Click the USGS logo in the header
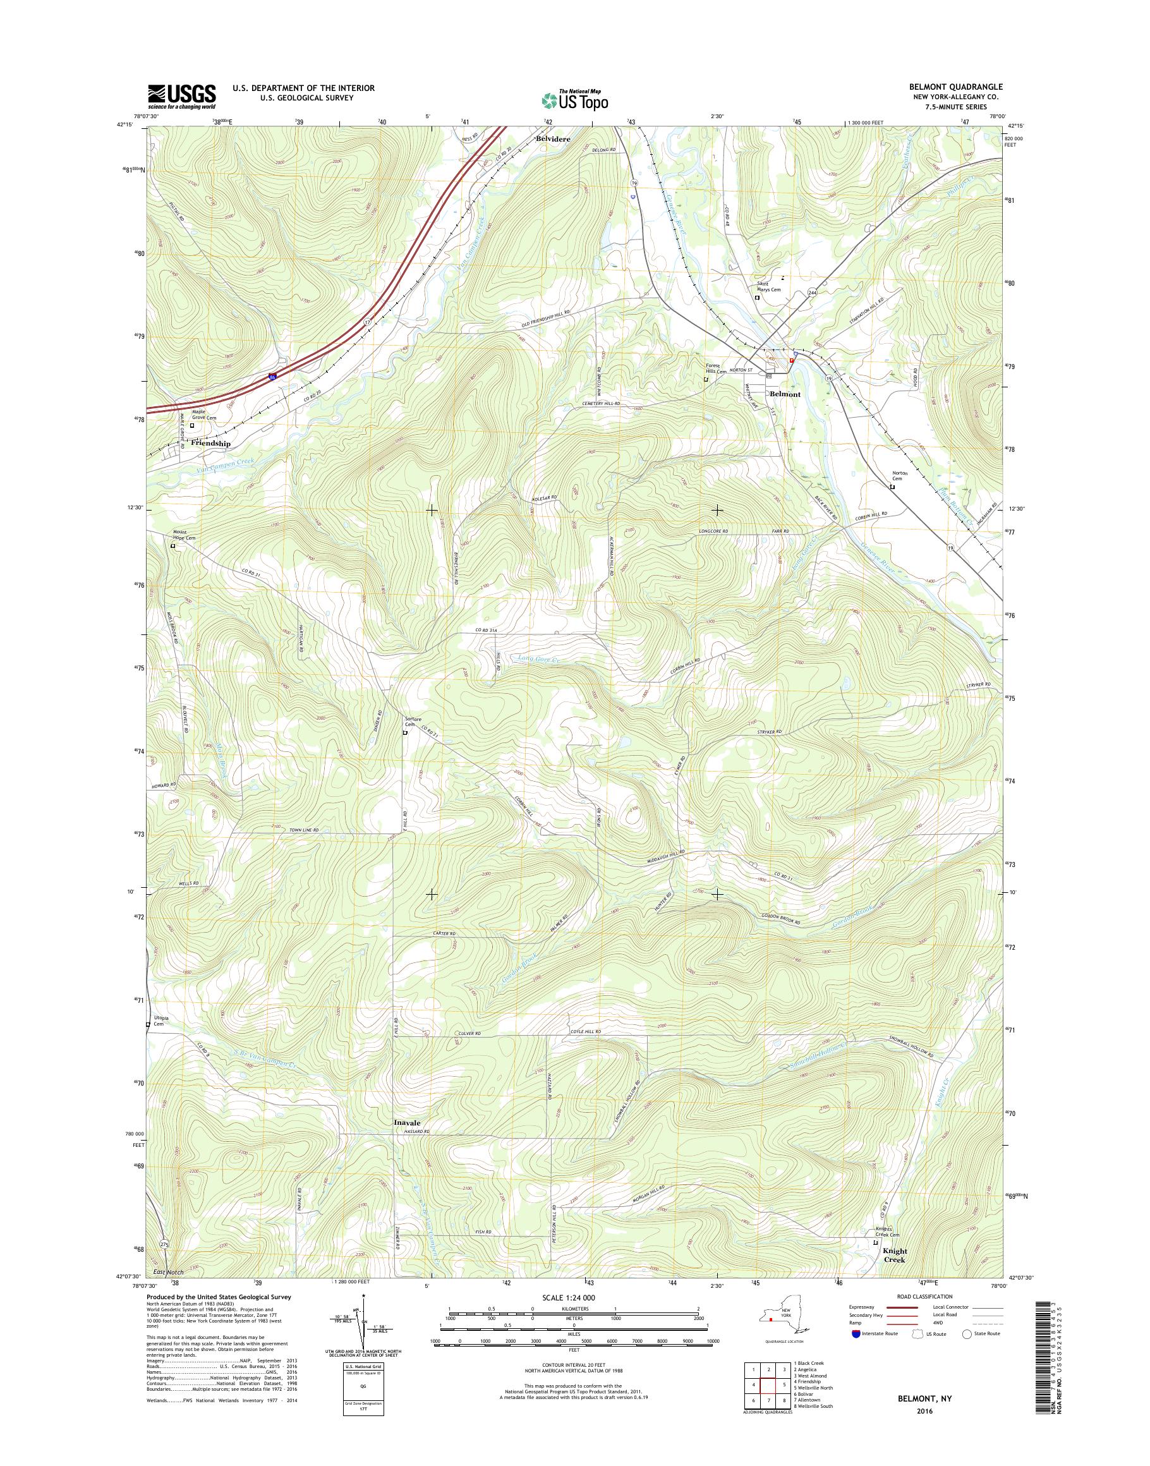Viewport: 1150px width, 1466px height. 182,96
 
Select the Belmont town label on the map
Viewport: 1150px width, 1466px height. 785,394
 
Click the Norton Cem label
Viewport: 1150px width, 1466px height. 900,475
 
